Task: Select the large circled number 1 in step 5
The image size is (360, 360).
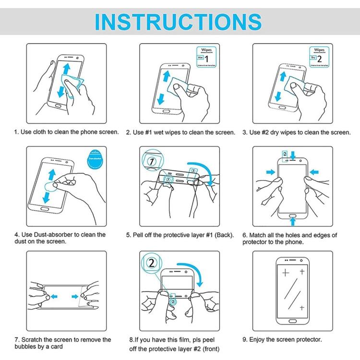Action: click(151, 162)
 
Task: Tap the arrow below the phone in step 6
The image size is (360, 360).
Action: click(292, 221)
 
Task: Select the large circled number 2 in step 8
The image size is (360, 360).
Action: click(152, 264)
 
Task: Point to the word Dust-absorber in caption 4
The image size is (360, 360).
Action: click(54, 235)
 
